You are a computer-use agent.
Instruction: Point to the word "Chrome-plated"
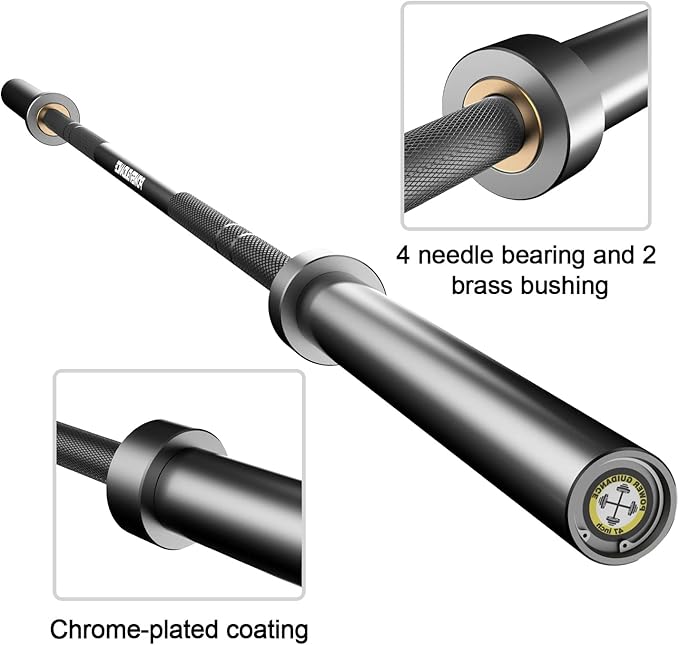(117, 630)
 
